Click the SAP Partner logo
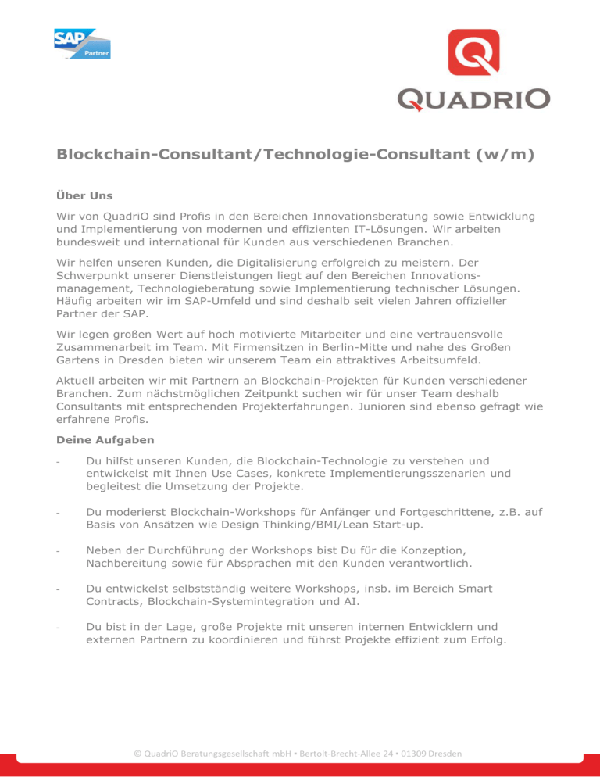point(82,43)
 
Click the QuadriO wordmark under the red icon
point(473,99)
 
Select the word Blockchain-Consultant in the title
point(157,155)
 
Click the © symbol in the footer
point(138,753)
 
